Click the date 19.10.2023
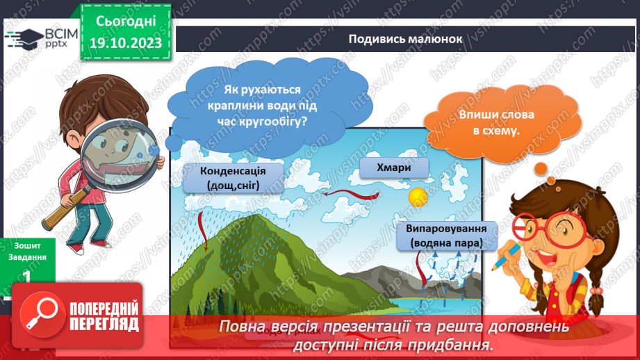(x=126, y=43)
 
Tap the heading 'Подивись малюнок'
(x=405, y=39)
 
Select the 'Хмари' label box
(x=395, y=168)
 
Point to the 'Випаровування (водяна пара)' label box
(x=447, y=236)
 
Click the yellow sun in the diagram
(x=417, y=197)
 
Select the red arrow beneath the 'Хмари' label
(x=345, y=194)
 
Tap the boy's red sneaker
(x=78, y=247)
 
